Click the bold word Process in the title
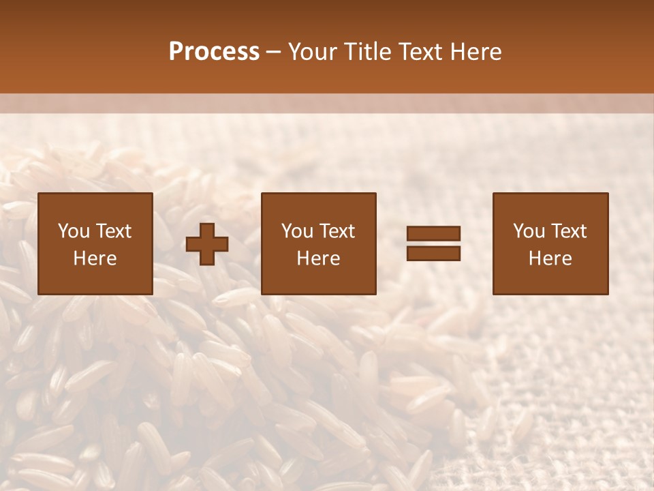click(214, 52)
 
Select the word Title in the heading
click(367, 52)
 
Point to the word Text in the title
click(422, 52)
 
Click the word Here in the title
click(476, 52)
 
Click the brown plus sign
click(207, 243)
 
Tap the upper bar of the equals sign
click(433, 234)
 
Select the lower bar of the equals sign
click(433, 253)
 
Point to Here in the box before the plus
click(95, 258)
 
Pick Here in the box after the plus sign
click(318, 258)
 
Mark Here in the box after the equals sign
click(550, 258)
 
